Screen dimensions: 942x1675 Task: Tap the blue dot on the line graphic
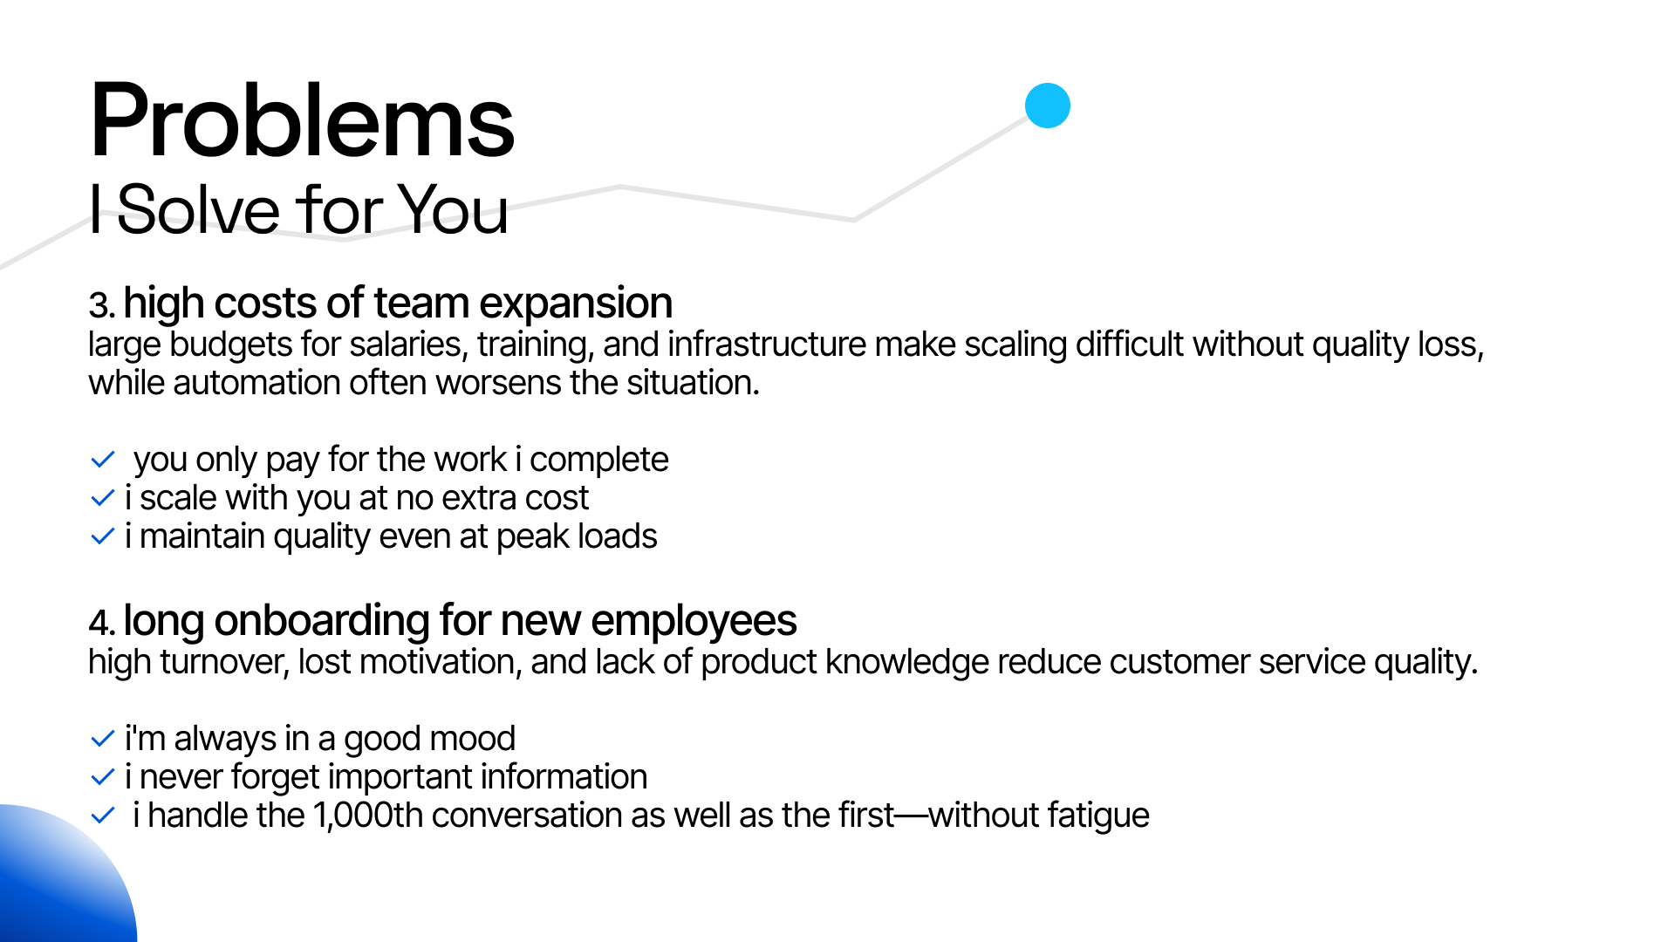click(x=1047, y=106)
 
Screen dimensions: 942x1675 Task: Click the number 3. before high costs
click(x=101, y=305)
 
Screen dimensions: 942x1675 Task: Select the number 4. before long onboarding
click(x=101, y=623)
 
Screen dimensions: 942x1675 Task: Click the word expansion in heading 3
click(x=576, y=304)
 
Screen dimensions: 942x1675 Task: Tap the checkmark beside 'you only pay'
click(x=103, y=459)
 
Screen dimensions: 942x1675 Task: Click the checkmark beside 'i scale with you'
click(x=103, y=498)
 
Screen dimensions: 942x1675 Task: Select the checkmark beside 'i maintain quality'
click(x=103, y=536)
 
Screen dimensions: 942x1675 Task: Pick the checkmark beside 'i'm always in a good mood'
click(x=103, y=739)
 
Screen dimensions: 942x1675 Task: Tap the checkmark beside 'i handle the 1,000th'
click(x=103, y=816)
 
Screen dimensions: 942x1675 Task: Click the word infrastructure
click(x=767, y=345)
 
